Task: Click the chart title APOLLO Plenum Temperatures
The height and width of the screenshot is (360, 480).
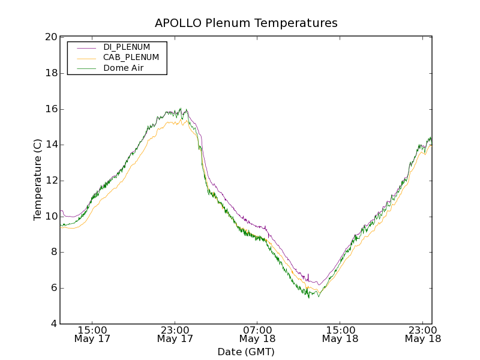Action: click(246, 23)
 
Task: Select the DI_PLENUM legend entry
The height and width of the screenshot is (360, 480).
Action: click(127, 47)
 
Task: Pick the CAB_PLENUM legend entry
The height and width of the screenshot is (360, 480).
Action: click(131, 58)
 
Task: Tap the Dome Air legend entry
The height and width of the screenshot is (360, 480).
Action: click(123, 68)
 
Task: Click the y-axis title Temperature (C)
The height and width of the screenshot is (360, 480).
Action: click(38, 180)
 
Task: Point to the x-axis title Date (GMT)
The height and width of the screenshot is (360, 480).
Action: click(246, 352)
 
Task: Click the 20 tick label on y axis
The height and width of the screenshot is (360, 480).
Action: click(51, 37)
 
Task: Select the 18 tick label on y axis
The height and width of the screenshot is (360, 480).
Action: click(51, 73)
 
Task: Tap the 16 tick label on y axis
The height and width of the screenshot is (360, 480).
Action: click(51, 109)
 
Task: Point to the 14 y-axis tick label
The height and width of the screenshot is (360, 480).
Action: click(51, 145)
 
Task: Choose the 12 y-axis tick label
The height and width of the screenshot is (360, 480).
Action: click(51, 181)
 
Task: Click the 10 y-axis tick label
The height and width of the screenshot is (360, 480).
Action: click(51, 217)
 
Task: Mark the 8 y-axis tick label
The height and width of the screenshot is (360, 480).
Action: click(54, 252)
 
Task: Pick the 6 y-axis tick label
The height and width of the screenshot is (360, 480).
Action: click(54, 288)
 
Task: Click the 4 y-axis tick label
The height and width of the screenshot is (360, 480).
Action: click(54, 324)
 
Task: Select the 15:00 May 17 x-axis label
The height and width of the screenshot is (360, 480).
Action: click(92, 334)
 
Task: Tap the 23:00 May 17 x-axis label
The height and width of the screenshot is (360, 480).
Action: click(175, 334)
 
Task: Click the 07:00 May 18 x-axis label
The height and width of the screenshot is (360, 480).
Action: click(257, 334)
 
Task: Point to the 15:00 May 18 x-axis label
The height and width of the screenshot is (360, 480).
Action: click(340, 334)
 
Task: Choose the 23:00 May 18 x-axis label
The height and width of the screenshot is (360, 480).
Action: click(422, 334)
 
